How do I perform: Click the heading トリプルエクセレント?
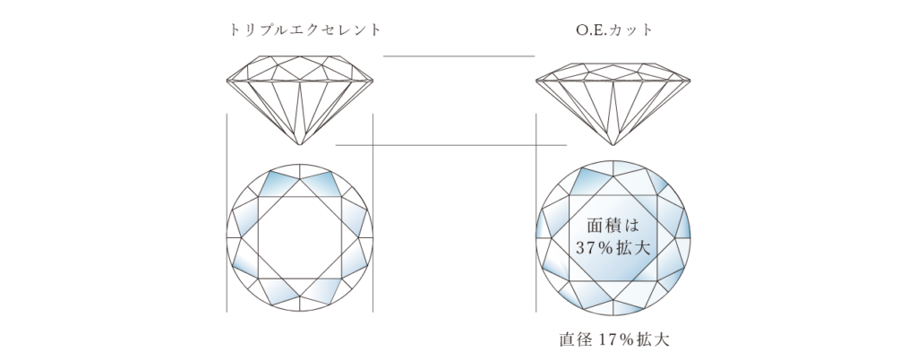coord(305,30)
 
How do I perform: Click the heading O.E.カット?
coord(614,30)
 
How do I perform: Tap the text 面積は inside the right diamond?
coord(613,225)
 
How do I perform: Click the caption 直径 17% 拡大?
coord(614,339)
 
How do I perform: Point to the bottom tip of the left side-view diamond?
coord(299,145)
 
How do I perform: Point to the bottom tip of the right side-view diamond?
coord(613,145)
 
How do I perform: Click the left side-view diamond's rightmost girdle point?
coord(373,80)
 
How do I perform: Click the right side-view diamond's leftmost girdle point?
coord(536,80)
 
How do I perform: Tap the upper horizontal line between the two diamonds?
coord(459,56)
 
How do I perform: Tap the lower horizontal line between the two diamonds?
coord(451,145)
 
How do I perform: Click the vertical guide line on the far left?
coord(227,213)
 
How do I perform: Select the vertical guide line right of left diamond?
coord(373,213)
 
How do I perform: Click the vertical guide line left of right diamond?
coord(536,213)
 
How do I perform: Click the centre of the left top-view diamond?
coord(299,237)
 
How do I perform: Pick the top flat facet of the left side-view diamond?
coord(299,56)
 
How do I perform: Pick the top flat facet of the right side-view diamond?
coord(613,62)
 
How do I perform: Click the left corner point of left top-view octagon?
coord(241,237)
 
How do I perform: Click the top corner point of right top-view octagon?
coord(613,176)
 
